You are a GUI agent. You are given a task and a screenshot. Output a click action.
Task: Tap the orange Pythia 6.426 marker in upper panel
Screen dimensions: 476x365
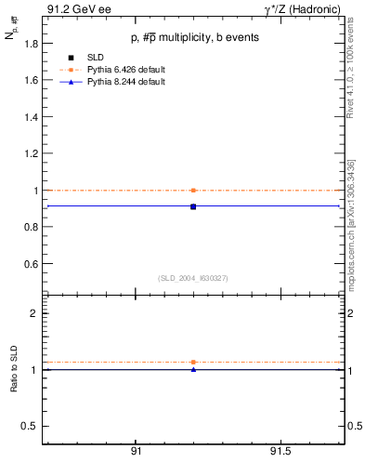pyautogui.click(x=192, y=190)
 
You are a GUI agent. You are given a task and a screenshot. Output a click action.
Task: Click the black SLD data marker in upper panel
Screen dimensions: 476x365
pyautogui.click(x=192, y=206)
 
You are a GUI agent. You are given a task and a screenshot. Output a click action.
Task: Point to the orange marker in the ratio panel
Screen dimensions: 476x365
pyautogui.click(x=192, y=362)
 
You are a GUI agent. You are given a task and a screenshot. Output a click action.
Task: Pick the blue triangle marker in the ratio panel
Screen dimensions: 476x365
pyautogui.click(x=192, y=369)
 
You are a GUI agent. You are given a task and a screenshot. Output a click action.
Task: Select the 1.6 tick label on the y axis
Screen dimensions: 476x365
pyautogui.click(x=28, y=80)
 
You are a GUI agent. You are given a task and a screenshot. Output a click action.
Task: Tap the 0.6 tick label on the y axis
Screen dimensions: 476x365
pyautogui.click(x=28, y=264)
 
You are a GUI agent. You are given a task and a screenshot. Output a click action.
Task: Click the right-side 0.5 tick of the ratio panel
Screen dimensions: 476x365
pyautogui.click(x=353, y=426)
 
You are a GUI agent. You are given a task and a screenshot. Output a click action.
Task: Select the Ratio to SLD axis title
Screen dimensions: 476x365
pyautogui.click(x=14, y=369)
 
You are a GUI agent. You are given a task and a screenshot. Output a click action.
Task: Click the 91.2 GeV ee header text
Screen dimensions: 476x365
pyautogui.click(x=77, y=10)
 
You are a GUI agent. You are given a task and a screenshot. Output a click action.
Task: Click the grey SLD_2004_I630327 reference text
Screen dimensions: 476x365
pyautogui.click(x=192, y=278)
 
